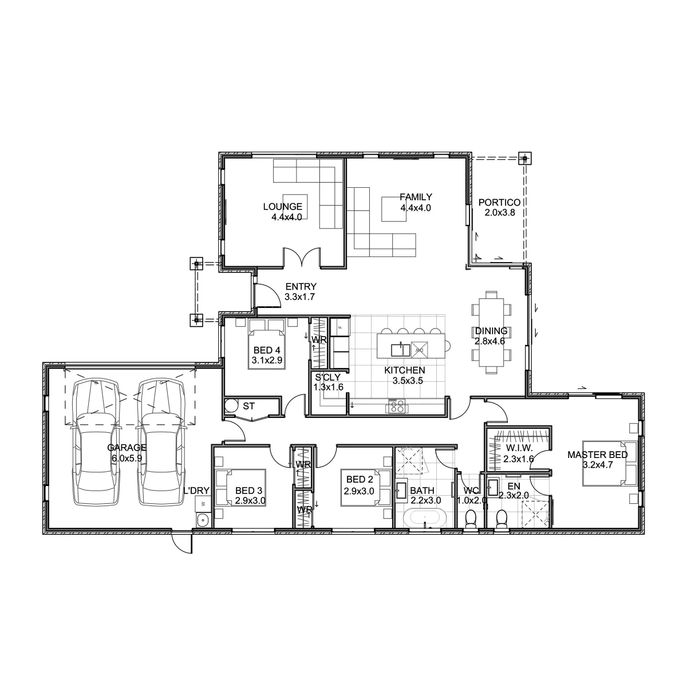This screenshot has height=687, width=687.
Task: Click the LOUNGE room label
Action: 282,207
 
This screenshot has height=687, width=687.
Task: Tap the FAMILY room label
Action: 416,197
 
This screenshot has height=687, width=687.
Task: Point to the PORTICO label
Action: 499,203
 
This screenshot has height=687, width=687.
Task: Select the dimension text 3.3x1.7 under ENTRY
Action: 299,297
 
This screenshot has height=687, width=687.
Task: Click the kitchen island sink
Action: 400,349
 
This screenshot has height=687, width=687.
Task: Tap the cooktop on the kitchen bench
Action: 397,406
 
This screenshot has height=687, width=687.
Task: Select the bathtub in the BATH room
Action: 425,519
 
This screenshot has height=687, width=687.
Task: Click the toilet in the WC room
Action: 471,519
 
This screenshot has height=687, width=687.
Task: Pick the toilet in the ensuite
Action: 502,519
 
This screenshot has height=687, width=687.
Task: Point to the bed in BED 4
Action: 267,345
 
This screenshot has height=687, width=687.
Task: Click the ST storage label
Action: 249,406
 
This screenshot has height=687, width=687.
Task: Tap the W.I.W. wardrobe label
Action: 519,448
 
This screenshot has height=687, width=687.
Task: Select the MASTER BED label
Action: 598,455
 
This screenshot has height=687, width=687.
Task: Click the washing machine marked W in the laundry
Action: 203,504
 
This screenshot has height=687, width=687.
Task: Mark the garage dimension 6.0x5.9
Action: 127,458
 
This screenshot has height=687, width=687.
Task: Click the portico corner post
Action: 525,158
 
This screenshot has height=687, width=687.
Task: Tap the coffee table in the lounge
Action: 295,207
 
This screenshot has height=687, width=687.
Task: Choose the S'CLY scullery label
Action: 327,377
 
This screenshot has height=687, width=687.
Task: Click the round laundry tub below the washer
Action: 203,520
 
